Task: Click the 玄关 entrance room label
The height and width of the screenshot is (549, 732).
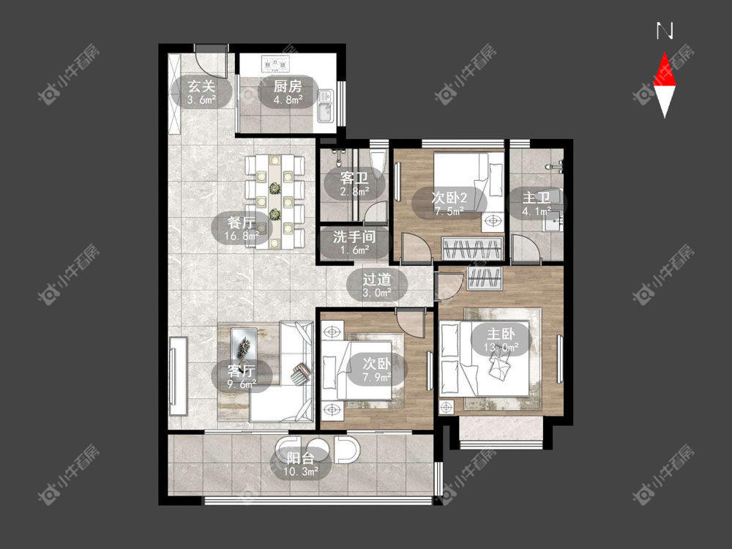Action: pos(201,86)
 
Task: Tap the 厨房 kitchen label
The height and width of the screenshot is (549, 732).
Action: pos(288,86)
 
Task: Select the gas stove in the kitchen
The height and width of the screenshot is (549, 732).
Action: pos(275,64)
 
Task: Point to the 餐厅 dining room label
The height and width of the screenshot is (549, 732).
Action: pos(242,223)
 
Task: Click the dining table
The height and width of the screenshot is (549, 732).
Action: pos(275,202)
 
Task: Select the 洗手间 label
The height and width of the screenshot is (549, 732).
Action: pos(354,236)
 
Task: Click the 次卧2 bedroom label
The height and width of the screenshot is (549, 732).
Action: pos(449,198)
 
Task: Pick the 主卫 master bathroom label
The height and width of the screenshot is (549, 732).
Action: pos(536,198)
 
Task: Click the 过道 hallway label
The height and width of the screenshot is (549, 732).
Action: pos(377,280)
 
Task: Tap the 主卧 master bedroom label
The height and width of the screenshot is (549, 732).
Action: pos(501,335)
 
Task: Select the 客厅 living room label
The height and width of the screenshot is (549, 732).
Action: pos(242,371)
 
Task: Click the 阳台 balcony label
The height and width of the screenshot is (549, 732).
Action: pos(300,458)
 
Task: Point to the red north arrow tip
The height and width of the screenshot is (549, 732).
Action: pos(665,53)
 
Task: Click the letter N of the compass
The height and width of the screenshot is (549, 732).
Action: pos(665,31)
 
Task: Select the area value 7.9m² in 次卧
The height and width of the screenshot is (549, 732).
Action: pos(377,377)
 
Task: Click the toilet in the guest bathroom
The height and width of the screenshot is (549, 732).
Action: pos(378,159)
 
